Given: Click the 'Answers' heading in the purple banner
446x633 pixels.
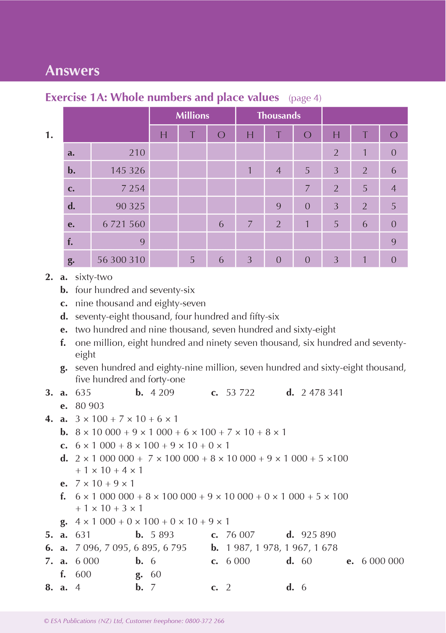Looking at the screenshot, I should point(73,71).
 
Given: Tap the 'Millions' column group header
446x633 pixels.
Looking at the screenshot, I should point(192,116).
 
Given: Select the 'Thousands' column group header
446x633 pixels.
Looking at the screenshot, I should point(279,116).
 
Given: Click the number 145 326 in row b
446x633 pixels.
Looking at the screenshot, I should point(128,170).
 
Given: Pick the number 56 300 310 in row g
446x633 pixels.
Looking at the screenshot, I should point(121,260).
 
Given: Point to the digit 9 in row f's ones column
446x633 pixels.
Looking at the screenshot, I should point(394,242).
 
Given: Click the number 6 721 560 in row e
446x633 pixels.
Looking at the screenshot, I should point(124,224).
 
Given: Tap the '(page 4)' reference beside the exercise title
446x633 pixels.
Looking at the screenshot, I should point(305,98).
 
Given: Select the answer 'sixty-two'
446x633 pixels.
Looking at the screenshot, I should point(94,277).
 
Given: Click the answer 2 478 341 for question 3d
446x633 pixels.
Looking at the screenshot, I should point(322,393).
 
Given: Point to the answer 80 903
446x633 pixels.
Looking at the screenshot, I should point(90,406).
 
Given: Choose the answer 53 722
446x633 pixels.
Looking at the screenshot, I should point(240,393).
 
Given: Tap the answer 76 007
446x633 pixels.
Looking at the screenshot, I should point(240,535).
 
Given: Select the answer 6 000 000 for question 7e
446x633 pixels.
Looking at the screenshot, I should point(382,561).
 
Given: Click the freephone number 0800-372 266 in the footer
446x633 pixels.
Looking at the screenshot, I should point(205,621).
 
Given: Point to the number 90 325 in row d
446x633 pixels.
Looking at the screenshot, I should point(130,206).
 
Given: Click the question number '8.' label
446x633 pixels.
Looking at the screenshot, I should point(49,587).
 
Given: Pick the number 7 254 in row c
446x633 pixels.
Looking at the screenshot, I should point(133,188).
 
